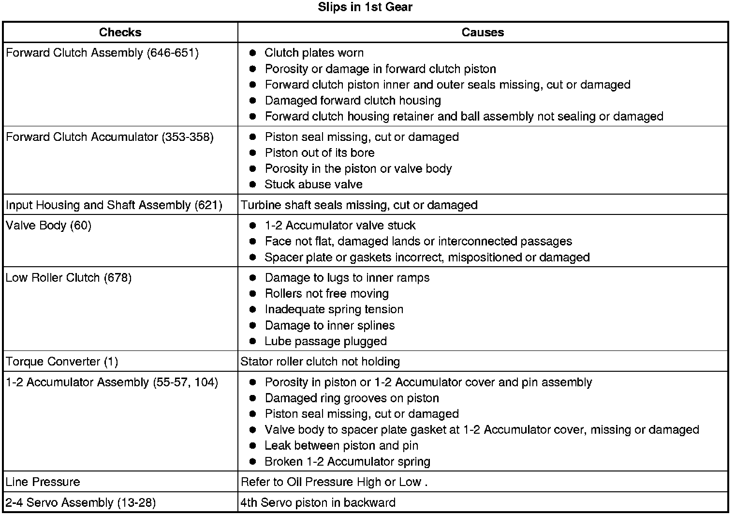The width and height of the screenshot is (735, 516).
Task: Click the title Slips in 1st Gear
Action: (365, 7)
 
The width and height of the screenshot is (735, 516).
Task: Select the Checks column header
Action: (120, 32)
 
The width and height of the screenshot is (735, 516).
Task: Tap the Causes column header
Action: (483, 32)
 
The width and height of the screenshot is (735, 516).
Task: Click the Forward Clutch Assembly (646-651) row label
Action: (102, 53)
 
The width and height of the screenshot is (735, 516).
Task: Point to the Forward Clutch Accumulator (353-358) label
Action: (109, 137)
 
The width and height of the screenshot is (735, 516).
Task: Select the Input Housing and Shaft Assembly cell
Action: (114, 205)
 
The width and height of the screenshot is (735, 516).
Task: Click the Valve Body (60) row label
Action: (48, 226)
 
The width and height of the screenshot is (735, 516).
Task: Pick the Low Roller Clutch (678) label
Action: (68, 278)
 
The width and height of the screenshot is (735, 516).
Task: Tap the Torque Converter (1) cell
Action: (61, 362)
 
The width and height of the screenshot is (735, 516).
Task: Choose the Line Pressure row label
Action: (43, 482)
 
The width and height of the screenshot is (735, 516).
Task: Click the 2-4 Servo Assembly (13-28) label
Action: (80, 503)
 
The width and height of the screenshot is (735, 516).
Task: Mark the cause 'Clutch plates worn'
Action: (314, 53)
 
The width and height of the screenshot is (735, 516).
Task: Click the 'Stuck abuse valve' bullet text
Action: (313, 184)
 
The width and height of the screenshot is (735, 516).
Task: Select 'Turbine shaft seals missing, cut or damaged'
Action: (359, 205)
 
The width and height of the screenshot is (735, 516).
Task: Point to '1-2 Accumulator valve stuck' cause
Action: (340, 226)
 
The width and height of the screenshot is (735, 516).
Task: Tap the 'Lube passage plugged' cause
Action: (325, 341)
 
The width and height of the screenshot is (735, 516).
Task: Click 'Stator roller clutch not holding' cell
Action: (320, 362)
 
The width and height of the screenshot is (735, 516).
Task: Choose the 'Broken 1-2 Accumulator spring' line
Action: (347, 462)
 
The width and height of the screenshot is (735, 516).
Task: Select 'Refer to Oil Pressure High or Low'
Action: (334, 482)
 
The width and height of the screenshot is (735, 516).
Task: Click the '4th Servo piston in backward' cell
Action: (318, 503)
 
